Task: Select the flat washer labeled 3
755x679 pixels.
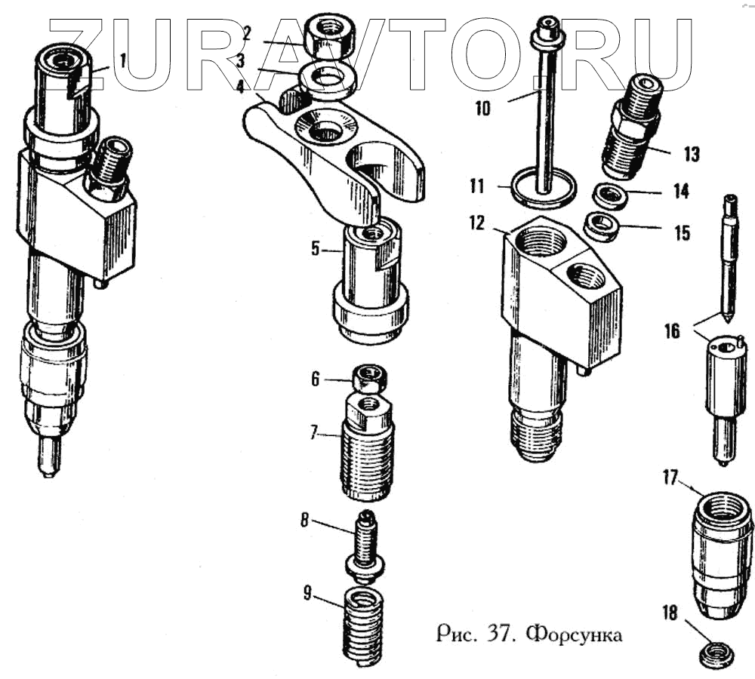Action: pos(329,76)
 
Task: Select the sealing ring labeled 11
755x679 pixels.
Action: pos(543,191)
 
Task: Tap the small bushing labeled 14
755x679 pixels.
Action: pos(612,197)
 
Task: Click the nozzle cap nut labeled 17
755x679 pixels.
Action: pos(721,555)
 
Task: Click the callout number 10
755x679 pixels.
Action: pos(482,108)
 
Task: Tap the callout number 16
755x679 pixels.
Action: pos(672,330)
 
